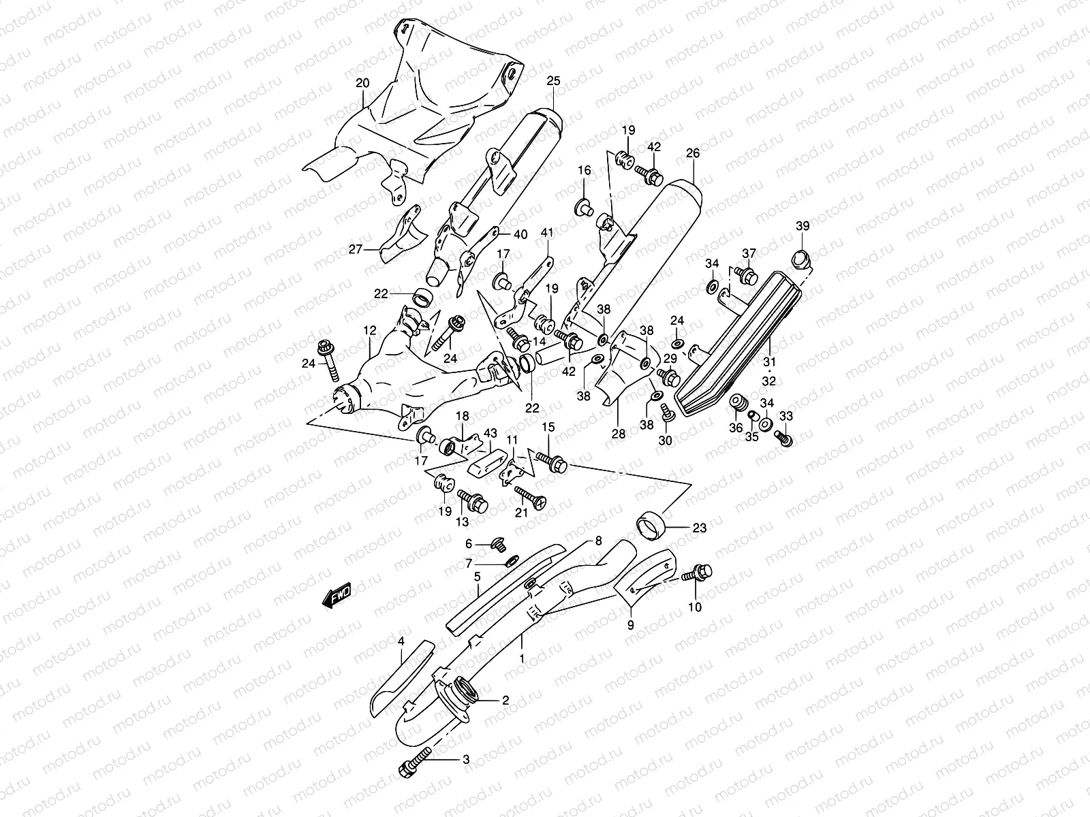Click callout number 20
(362, 83)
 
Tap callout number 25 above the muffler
(552, 80)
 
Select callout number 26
(692, 154)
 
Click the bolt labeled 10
(702, 574)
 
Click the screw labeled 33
(783, 439)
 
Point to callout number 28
(619, 433)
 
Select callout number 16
(585, 170)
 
